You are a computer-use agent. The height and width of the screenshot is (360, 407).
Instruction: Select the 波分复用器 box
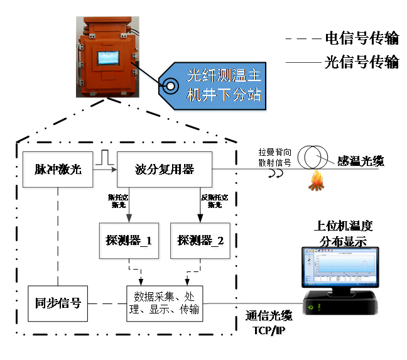point(165,169)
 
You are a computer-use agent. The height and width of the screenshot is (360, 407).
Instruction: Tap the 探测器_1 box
point(129,240)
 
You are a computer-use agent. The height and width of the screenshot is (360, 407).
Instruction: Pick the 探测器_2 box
point(200,240)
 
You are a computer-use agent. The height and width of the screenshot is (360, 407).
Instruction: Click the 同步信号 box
point(58,303)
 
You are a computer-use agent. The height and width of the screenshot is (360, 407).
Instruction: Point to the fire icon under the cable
point(315,182)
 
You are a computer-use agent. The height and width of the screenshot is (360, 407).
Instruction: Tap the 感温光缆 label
point(360,161)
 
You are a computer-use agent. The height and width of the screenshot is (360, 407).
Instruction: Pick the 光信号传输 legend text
point(361,62)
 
